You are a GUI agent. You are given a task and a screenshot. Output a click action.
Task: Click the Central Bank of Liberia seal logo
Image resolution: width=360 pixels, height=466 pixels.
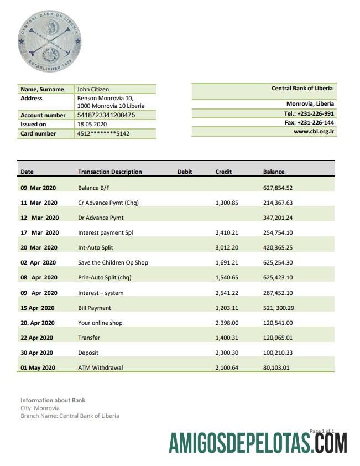click(49, 42)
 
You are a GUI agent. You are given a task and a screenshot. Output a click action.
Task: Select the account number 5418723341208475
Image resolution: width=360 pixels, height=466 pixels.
click(106, 116)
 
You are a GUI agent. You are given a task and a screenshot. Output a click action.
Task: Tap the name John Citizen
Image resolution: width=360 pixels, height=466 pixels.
click(93, 89)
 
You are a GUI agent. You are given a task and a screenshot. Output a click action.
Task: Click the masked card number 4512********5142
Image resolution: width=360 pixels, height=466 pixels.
click(103, 134)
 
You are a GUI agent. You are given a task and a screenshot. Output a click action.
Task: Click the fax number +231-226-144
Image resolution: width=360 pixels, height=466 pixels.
click(313, 123)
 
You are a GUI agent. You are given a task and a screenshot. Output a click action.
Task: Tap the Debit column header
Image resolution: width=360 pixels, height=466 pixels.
click(185, 172)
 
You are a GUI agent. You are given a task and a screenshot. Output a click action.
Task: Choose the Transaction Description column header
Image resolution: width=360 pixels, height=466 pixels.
click(109, 172)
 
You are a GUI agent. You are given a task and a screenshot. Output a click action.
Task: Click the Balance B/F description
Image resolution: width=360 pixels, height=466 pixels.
click(90, 188)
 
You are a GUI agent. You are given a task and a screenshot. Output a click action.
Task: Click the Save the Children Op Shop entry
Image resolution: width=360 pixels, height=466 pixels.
click(113, 263)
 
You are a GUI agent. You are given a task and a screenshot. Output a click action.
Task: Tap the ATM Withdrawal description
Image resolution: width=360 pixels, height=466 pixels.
click(100, 367)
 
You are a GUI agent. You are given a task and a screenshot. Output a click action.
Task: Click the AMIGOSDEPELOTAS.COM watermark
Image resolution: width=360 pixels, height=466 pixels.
click(258, 443)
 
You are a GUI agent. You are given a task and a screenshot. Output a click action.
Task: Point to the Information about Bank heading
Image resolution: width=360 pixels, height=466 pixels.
click(53, 400)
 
